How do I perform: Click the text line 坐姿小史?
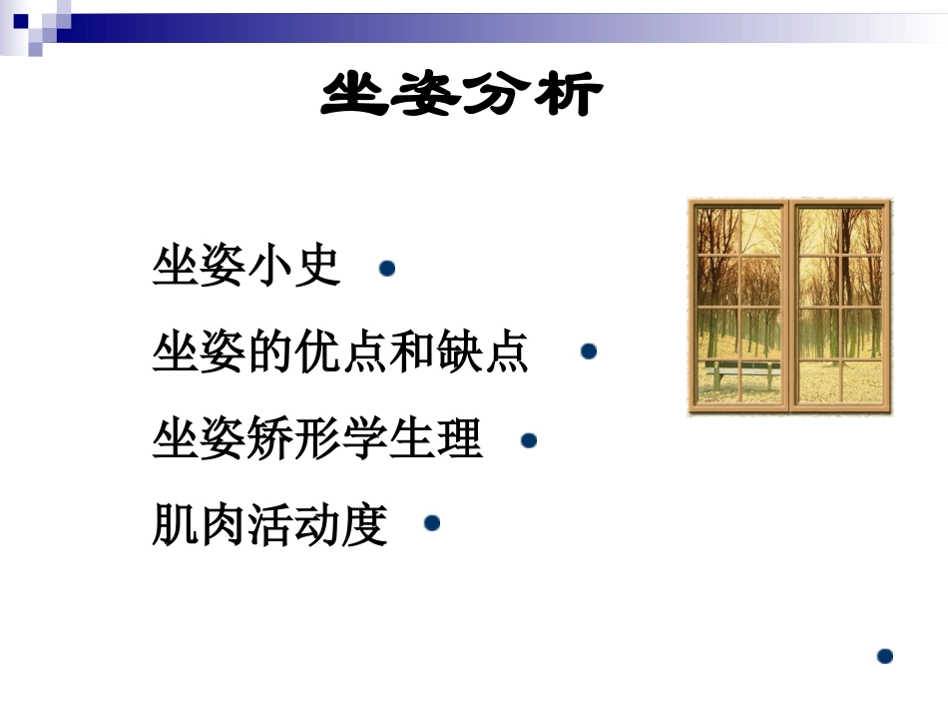246,267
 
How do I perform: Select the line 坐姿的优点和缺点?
340,353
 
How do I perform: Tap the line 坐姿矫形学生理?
317,439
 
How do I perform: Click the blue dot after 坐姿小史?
387,269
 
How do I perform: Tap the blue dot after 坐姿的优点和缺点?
589,352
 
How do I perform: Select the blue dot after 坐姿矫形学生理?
529,439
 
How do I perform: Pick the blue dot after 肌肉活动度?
432,523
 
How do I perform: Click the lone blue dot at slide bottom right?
884,656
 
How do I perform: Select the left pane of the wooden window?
739,306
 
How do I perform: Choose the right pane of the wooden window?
840,306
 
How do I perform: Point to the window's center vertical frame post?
789,306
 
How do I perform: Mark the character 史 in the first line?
318,267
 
